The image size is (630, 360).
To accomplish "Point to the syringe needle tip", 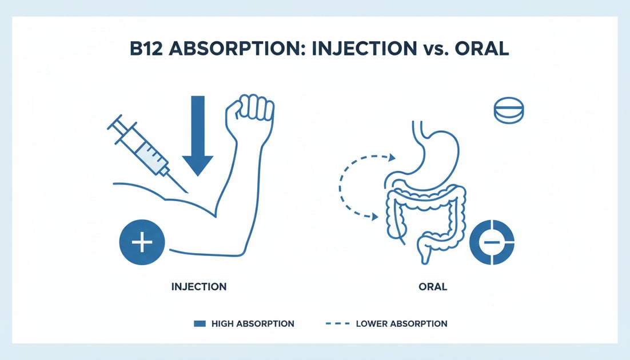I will click(189, 191).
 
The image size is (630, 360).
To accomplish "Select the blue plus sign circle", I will click(142, 242).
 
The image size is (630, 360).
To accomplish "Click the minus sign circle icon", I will click(492, 243).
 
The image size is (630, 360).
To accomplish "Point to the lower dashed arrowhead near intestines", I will click(376, 217).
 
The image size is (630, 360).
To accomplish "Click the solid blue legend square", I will click(200, 323).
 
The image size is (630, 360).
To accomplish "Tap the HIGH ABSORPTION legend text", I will click(253, 323).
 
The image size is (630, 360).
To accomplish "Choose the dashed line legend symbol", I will click(337, 323).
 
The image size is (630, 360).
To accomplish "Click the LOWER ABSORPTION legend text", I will click(402, 323).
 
